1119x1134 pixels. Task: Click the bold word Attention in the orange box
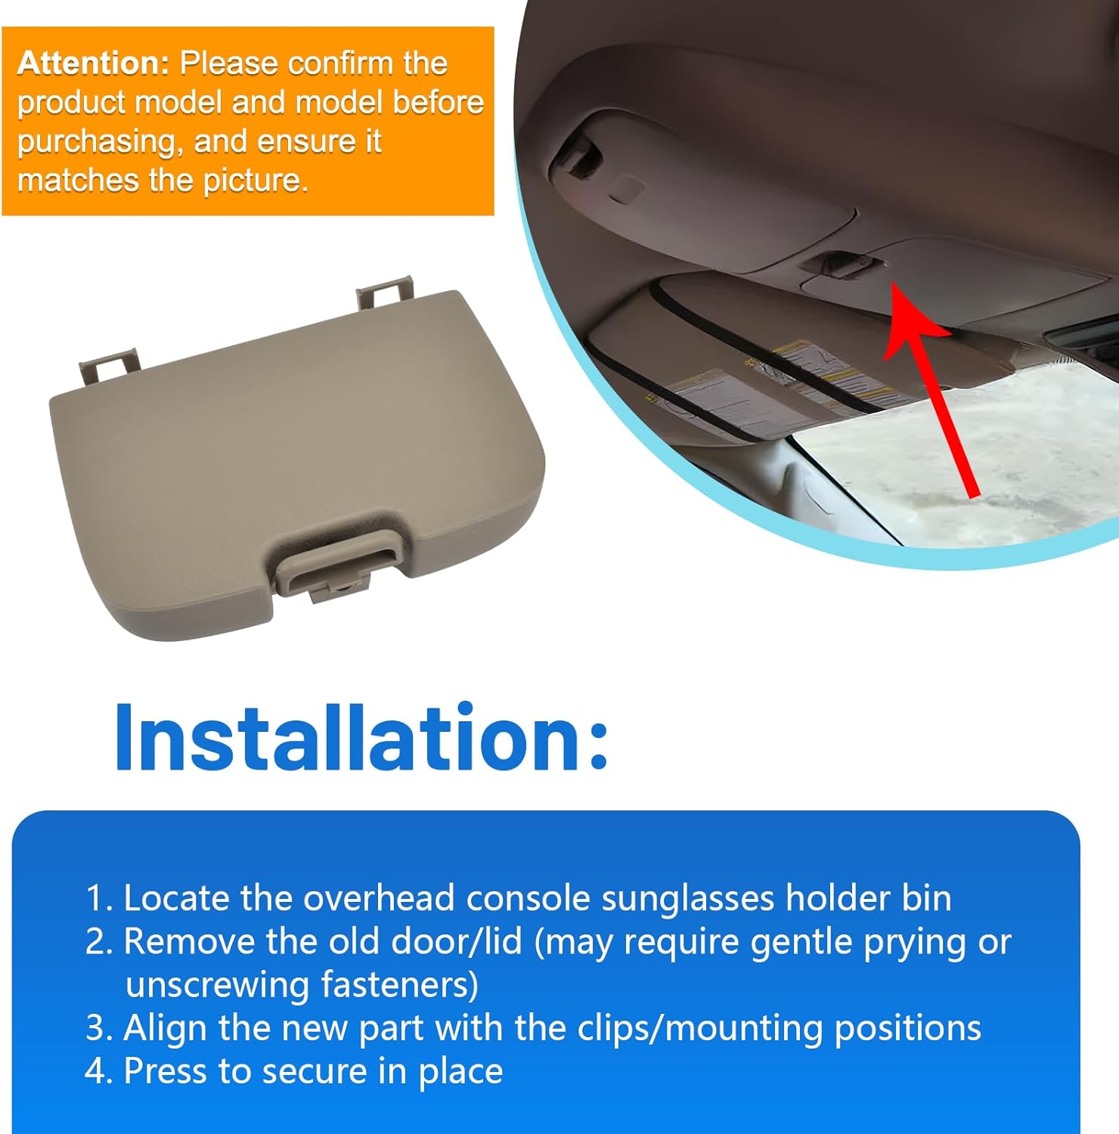92,64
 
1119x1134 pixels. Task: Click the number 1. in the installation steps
99,898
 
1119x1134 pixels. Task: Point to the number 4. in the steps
99,1071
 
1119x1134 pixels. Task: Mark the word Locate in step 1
176,898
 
